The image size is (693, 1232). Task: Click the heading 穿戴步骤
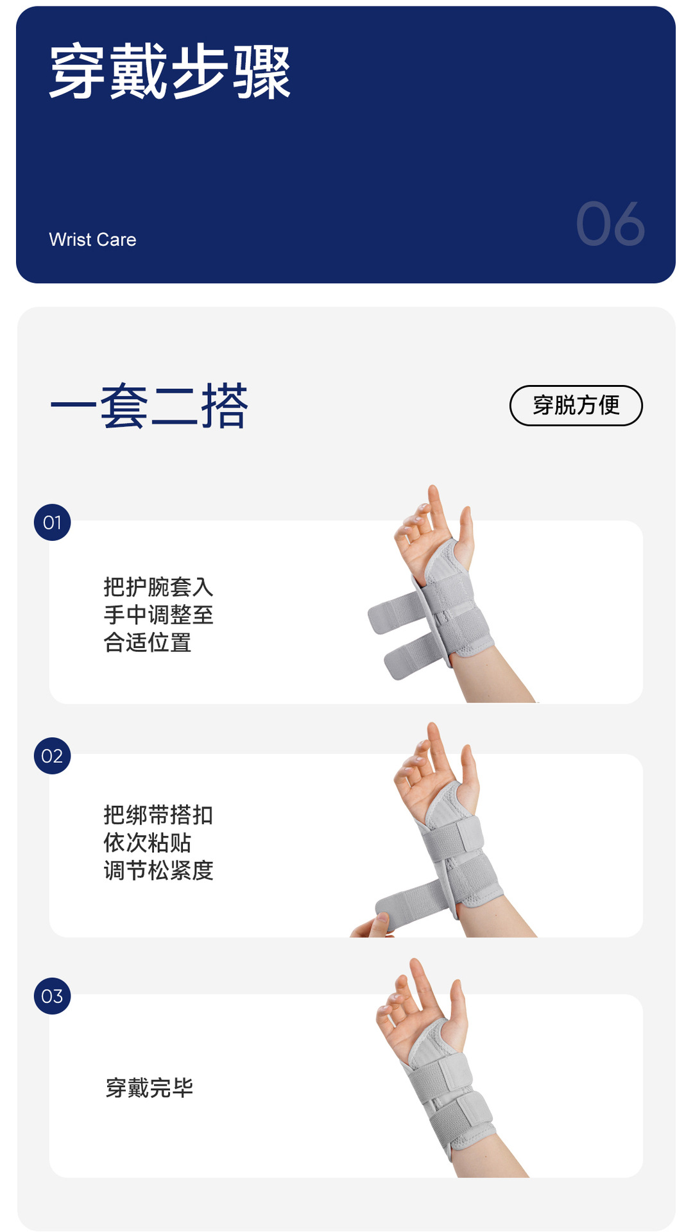pyautogui.click(x=170, y=71)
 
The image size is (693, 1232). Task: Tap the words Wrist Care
pyautogui.click(x=92, y=239)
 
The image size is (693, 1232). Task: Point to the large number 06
pyautogui.click(x=610, y=224)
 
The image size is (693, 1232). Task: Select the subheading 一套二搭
pyautogui.click(x=149, y=406)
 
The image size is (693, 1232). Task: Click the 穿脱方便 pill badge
pyautogui.click(x=576, y=406)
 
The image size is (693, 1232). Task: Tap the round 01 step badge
pyautogui.click(x=52, y=522)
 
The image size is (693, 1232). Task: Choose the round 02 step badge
pyautogui.click(x=52, y=756)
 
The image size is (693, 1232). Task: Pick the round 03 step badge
pyautogui.click(x=52, y=996)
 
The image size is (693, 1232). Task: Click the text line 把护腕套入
pyautogui.click(x=158, y=587)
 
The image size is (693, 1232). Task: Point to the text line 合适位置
pyautogui.click(x=148, y=642)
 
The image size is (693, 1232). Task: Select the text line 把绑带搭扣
pyautogui.click(x=158, y=815)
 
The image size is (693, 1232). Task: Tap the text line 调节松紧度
pyautogui.click(x=158, y=871)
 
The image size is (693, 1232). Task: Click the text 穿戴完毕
pyautogui.click(x=150, y=1088)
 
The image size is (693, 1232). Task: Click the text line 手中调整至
pyautogui.click(x=158, y=615)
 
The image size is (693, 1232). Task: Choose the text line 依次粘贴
pyautogui.click(x=148, y=843)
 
